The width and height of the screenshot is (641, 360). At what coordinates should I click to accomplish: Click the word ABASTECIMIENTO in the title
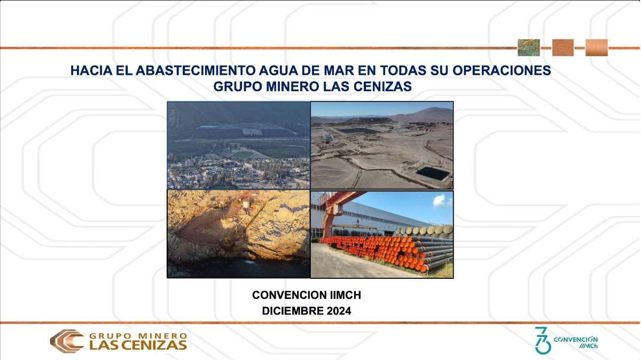[196, 71]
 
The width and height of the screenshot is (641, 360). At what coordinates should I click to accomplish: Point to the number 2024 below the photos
[339, 311]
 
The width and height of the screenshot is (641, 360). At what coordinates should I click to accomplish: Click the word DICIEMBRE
[293, 311]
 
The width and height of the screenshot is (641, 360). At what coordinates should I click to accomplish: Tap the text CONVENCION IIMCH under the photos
[307, 295]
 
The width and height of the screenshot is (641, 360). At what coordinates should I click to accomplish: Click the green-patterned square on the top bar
[528, 48]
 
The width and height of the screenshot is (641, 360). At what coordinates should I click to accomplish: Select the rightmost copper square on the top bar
[596, 48]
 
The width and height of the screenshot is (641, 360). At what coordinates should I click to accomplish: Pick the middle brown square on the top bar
[563, 48]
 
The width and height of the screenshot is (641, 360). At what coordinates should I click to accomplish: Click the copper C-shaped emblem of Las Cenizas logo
[67, 341]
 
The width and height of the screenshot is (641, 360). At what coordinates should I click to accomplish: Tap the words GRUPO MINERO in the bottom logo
[138, 335]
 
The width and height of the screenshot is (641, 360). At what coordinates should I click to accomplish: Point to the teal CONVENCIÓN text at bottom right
[575, 339]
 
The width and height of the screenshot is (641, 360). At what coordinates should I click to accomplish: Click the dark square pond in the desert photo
[432, 174]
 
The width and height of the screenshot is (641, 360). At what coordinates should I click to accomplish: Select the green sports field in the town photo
[243, 154]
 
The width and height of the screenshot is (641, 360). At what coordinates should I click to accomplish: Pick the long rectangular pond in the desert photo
[358, 131]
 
